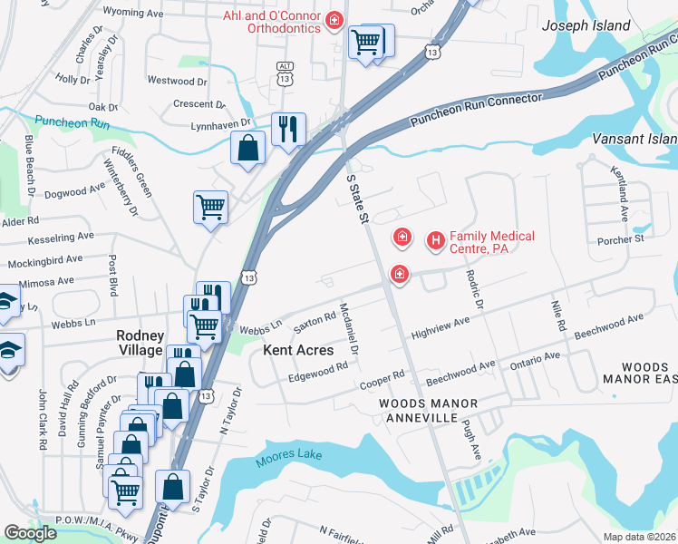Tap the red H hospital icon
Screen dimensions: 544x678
[436, 240]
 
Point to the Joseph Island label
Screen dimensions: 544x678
[586, 26]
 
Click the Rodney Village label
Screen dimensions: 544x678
[140, 342]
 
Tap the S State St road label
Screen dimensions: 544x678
[360, 201]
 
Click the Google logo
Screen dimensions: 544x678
[30, 533]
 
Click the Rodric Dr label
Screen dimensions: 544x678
[475, 291]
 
